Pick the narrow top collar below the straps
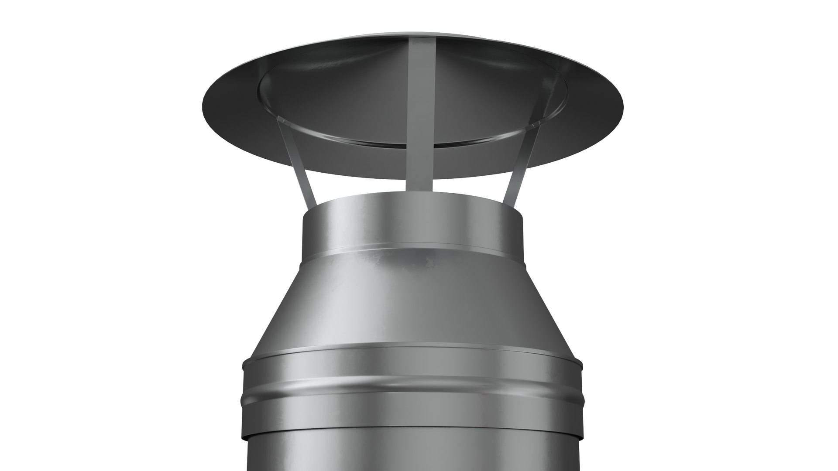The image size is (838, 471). (412, 227)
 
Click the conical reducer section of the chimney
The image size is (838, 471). (412, 305)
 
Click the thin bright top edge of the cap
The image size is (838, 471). (412, 32)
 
